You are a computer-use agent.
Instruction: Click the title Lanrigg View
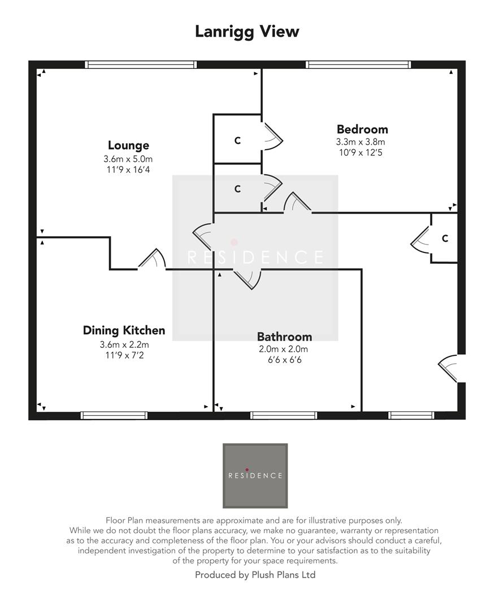pos(247,32)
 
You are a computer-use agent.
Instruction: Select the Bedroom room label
pos(362,129)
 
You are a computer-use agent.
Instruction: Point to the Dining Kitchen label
pos(124,330)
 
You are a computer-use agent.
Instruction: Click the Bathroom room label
pos(284,337)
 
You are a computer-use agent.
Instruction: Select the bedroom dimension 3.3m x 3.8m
pos(362,142)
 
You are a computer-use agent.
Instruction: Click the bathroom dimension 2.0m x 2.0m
pos(284,349)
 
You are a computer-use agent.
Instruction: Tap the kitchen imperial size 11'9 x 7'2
pos(124,355)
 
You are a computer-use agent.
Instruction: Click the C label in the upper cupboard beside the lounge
pos(237,141)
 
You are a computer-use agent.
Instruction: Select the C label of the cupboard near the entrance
pos(445,238)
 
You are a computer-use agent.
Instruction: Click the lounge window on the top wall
pos(141,64)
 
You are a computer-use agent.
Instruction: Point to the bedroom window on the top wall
pos(358,64)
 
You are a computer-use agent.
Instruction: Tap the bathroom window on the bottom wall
pos(284,415)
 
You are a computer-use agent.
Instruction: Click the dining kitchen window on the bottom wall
pos(114,415)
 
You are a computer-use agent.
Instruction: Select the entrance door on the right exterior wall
pos(450,368)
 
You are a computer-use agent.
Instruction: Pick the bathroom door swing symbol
pos(248,277)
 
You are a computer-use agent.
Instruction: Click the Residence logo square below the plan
pos(255,476)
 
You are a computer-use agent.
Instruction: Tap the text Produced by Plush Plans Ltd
pos(255,575)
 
